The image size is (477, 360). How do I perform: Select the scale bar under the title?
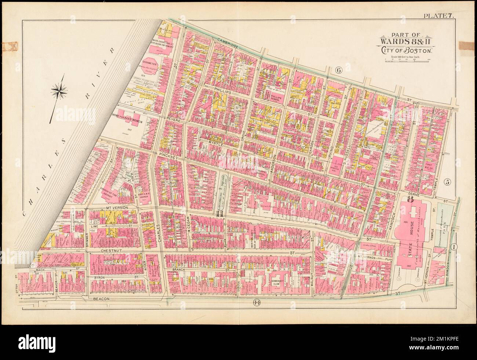(x=405, y=61)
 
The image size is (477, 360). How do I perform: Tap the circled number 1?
(x=454, y=247)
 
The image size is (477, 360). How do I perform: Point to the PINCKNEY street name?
(x=169, y=156)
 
